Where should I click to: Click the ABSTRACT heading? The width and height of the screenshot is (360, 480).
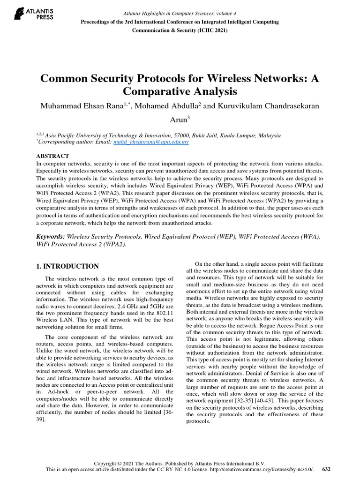(52, 156)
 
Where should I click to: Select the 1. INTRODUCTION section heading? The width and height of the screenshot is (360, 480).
(67, 266)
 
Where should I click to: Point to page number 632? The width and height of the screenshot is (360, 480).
(327, 469)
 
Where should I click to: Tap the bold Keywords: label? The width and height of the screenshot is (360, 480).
(51, 237)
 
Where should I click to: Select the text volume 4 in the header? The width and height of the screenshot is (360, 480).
(213, 14)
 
